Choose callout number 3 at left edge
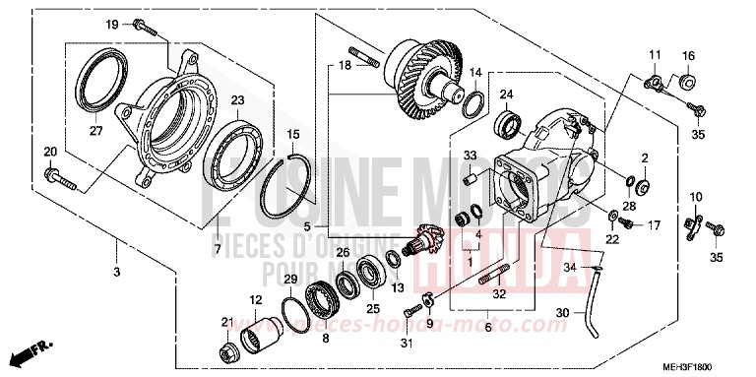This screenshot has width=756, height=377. [x=116, y=243]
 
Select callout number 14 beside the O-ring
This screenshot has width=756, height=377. [x=474, y=73]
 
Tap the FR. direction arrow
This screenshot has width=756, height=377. [x=29, y=351]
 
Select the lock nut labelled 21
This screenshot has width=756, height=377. [x=228, y=348]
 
